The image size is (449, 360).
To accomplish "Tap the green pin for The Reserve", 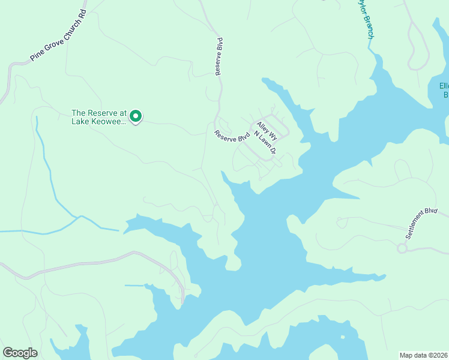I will (x=136, y=116).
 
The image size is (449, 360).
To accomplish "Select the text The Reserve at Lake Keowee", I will (x=99, y=116).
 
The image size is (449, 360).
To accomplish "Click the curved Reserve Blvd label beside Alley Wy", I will (x=232, y=136).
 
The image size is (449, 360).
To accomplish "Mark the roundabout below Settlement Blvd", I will (x=402, y=248).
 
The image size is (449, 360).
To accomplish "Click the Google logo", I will (x=20, y=353).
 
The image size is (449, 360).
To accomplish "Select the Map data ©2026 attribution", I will (x=424, y=355).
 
